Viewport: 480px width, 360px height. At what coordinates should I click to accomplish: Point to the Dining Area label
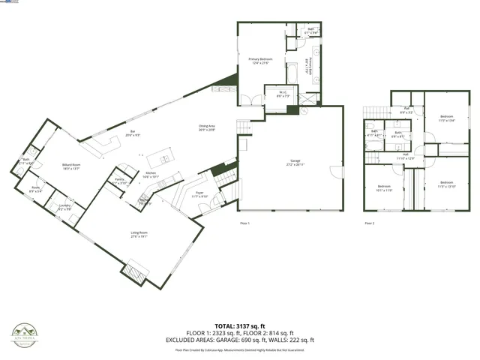[x=207, y=128]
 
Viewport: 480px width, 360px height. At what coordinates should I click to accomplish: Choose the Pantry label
[x=119, y=181]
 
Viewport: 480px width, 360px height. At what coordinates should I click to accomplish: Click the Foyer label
[x=199, y=194]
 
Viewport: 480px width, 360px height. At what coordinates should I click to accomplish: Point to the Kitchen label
[x=150, y=174]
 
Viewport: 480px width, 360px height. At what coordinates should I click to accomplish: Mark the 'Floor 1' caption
[x=244, y=223]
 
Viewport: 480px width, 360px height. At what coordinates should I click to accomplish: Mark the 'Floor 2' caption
[x=369, y=223]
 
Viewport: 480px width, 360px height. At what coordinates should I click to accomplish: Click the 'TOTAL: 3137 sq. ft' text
[x=240, y=325]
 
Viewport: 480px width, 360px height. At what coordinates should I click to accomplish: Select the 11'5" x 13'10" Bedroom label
[x=446, y=184]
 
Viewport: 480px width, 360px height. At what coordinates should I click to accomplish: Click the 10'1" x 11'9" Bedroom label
[x=384, y=187]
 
